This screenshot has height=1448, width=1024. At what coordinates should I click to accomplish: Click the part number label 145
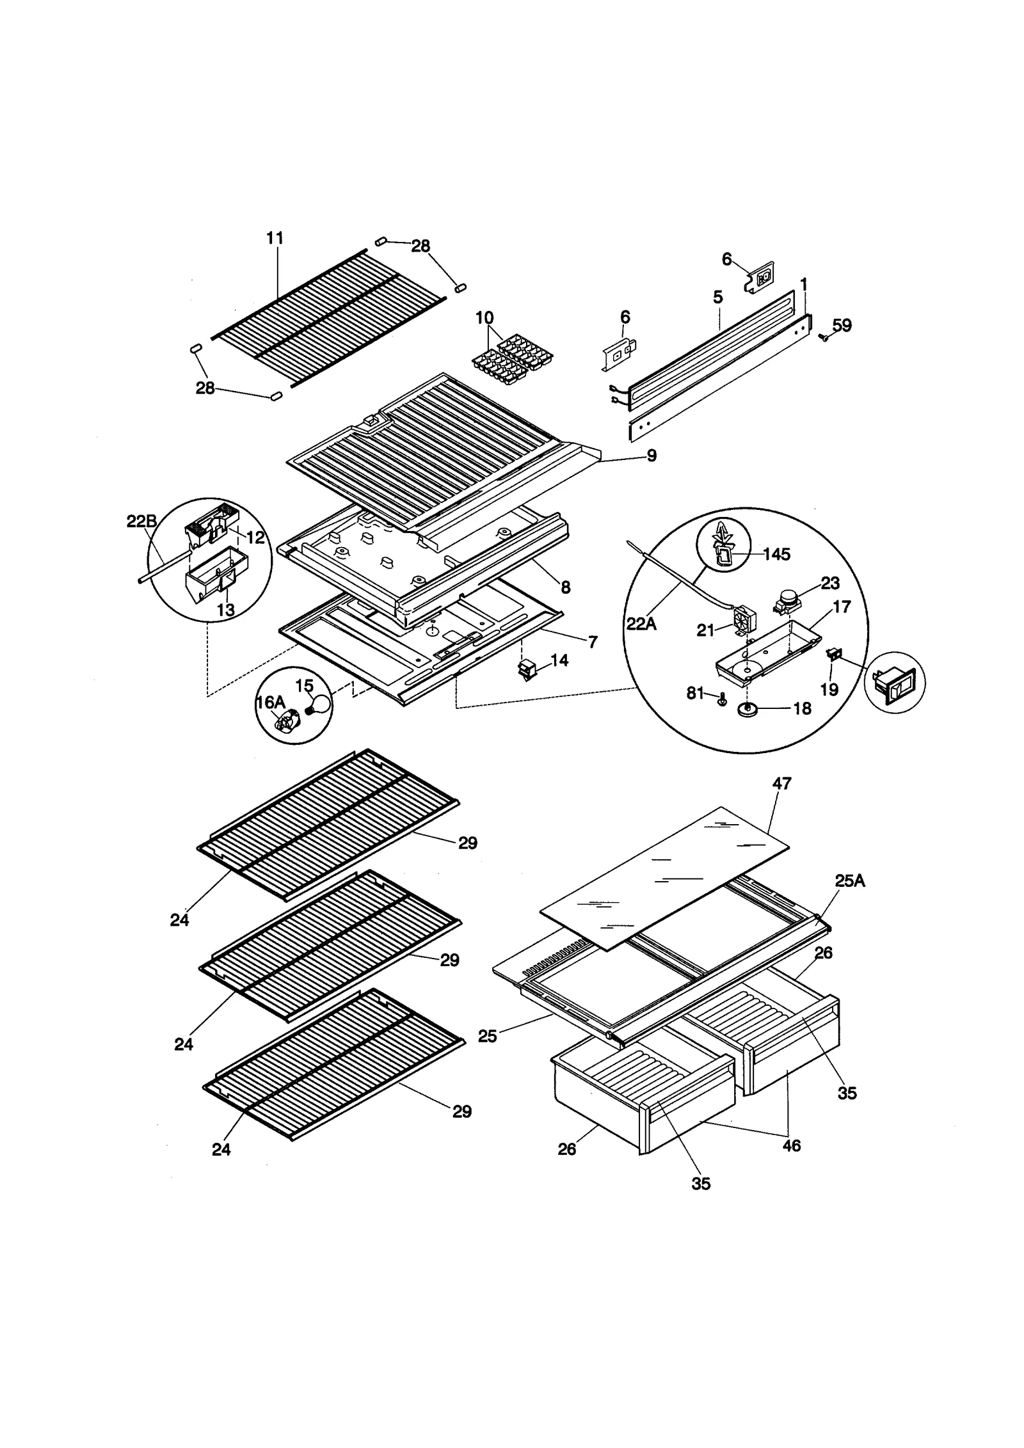coord(776,554)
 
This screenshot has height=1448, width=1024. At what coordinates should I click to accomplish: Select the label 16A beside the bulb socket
coord(270,703)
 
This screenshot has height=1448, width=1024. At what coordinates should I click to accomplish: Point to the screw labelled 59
coord(824,336)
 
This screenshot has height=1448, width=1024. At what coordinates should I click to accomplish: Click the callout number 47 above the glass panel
coord(781,783)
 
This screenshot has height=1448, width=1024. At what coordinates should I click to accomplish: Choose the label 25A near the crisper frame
coord(849,881)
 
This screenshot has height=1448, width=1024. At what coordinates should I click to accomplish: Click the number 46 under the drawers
coord(791,1146)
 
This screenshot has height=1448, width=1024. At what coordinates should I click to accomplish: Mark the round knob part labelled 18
coord(747,709)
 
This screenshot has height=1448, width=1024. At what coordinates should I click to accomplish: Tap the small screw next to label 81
coord(722,700)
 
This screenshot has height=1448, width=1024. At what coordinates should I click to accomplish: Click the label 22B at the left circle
coord(141,521)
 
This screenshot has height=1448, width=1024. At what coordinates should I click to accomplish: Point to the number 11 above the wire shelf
coord(275,238)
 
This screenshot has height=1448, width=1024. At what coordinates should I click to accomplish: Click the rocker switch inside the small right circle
coord(895,683)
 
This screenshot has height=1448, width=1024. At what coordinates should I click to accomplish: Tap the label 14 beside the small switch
coord(559,660)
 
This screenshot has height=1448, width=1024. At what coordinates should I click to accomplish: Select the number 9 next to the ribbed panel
coord(652,456)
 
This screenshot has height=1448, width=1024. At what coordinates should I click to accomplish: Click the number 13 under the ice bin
coord(225,610)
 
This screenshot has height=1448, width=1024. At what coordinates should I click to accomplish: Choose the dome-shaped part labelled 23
coord(787,601)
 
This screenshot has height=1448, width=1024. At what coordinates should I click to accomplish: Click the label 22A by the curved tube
coord(641,624)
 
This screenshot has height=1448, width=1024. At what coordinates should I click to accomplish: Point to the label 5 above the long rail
coord(717,297)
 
